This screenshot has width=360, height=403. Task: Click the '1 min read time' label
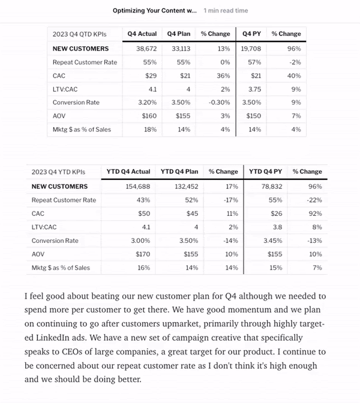coord(226,11)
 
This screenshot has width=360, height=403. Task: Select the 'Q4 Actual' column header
coord(142,34)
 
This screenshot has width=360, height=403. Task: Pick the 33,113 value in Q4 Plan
coord(179,49)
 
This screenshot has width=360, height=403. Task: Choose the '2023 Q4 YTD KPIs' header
coord(59,172)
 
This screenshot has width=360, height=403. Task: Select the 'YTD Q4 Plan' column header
coord(179,172)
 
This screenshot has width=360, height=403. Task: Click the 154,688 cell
coord(137,187)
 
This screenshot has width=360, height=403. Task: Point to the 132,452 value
coord(185,187)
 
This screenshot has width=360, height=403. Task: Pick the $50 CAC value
coord(145,213)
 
